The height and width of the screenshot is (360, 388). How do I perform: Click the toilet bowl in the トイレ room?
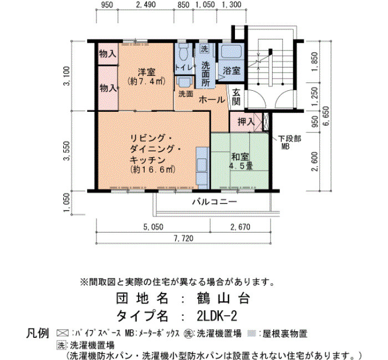(183, 53)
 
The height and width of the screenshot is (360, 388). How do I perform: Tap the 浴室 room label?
(232, 71)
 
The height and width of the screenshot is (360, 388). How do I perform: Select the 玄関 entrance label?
(236, 97)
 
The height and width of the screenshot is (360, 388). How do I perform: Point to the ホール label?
(212, 100)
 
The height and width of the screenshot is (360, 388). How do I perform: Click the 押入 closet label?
(246, 122)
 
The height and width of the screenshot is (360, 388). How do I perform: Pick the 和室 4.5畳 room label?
(240, 162)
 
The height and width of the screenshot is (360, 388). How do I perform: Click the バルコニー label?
(215, 202)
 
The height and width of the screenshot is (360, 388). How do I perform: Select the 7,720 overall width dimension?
(183, 238)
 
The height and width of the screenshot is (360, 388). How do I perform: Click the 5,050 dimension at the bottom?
(154, 227)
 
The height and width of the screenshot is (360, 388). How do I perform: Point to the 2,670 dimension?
(240, 227)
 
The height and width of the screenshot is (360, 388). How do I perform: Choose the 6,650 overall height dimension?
(326, 116)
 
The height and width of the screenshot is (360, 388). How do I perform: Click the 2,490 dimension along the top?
(146, 4)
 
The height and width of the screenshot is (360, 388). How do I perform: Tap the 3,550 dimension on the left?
(67, 151)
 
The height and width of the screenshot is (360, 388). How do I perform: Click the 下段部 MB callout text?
(289, 142)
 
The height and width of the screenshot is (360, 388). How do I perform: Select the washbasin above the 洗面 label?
(184, 82)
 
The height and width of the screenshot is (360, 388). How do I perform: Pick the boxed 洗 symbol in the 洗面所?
(204, 49)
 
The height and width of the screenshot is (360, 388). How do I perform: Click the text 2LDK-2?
(217, 316)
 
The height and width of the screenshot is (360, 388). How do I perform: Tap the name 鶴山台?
(223, 298)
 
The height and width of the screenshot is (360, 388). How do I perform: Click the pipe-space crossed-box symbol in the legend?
(62, 333)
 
